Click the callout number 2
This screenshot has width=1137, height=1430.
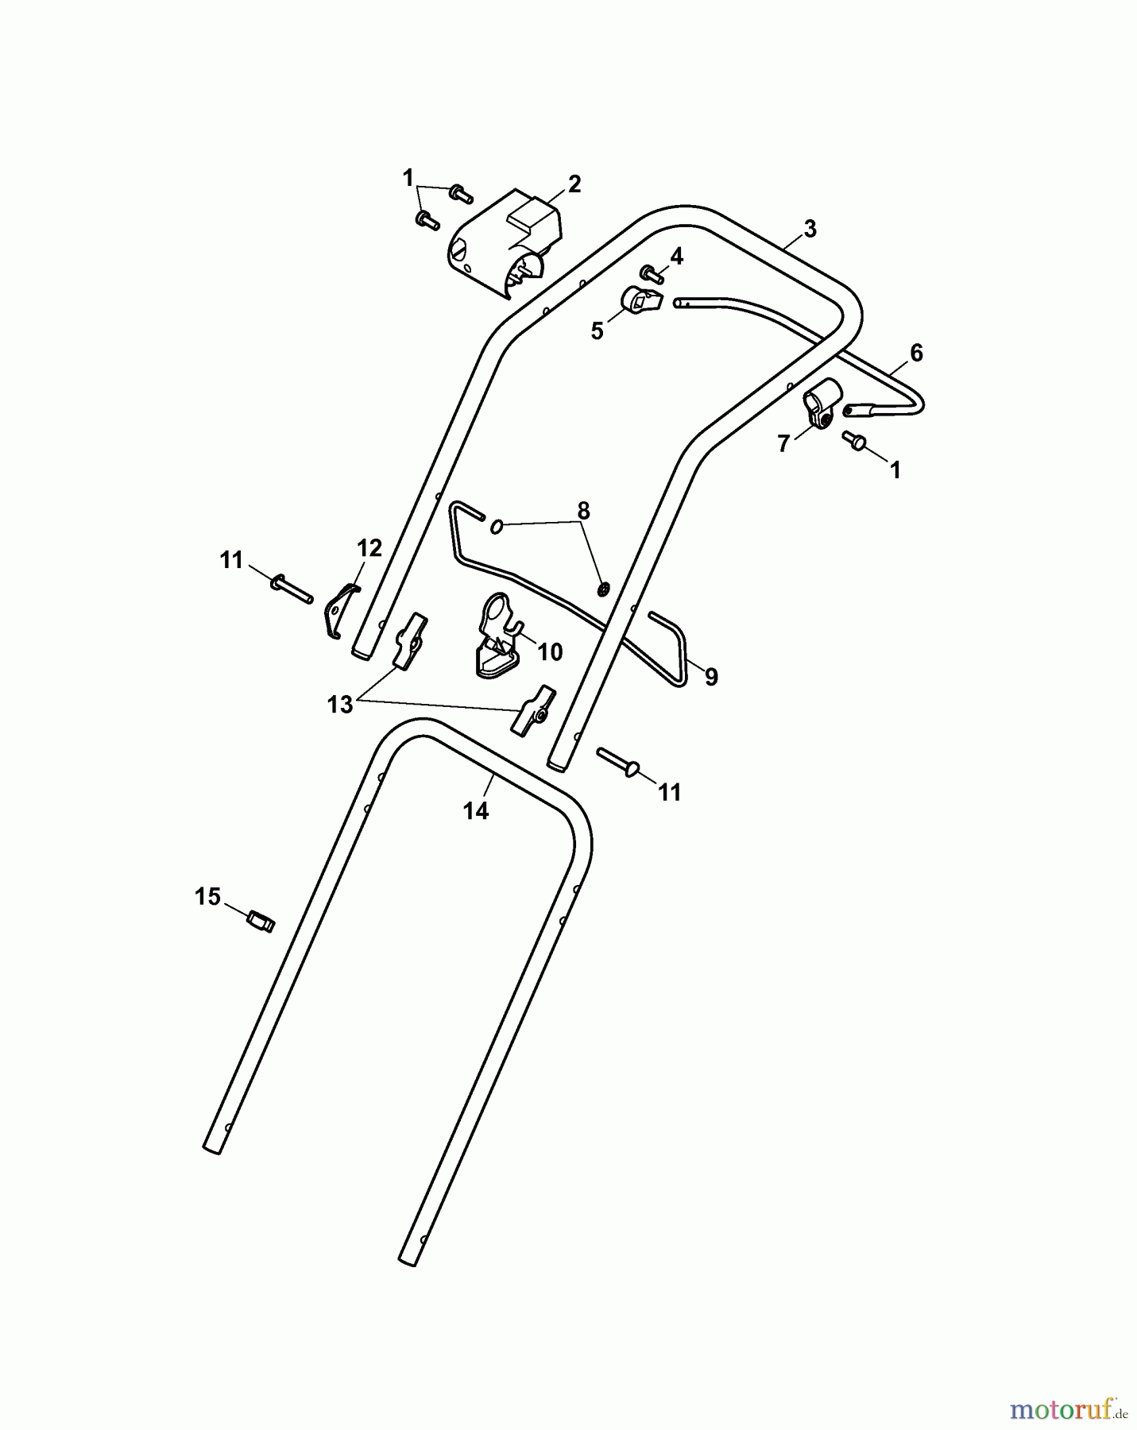(x=574, y=184)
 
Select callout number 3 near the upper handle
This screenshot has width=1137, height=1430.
(x=809, y=229)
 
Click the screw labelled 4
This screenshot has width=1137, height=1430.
(x=654, y=275)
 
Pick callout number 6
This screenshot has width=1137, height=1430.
(x=916, y=353)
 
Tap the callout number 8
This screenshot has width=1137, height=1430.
(x=584, y=511)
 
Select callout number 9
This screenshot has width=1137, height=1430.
(x=711, y=677)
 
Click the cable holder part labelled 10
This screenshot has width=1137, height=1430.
(x=498, y=636)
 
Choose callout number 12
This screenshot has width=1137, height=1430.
(x=369, y=548)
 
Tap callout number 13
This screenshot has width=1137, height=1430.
(x=340, y=705)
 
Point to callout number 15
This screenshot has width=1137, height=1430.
(x=207, y=897)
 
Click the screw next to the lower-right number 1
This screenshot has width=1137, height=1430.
(x=855, y=440)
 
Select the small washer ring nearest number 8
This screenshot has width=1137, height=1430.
(x=497, y=526)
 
